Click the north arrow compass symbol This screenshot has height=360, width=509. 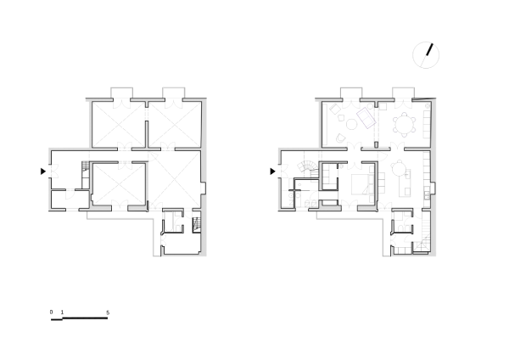click(426, 55)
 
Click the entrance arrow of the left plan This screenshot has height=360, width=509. click(43, 172)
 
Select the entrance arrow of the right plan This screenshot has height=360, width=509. click(272, 172)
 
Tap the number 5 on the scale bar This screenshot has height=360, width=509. click(108, 312)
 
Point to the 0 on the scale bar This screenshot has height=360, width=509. click(51, 312)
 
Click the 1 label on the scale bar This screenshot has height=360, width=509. click(62, 312)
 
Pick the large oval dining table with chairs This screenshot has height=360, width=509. click(404, 125)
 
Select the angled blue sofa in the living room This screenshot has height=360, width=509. click(366, 118)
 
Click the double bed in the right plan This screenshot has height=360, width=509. click(362, 184)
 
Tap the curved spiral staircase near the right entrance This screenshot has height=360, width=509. click(307, 169)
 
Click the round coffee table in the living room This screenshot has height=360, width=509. click(351, 124)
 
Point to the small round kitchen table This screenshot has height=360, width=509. click(397, 168)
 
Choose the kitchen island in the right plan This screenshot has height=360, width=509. click(405, 183)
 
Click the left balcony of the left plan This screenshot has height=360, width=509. click(121, 93)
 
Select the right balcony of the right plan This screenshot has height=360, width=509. click(404, 93)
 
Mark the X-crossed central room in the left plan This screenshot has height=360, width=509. click(119, 184)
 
